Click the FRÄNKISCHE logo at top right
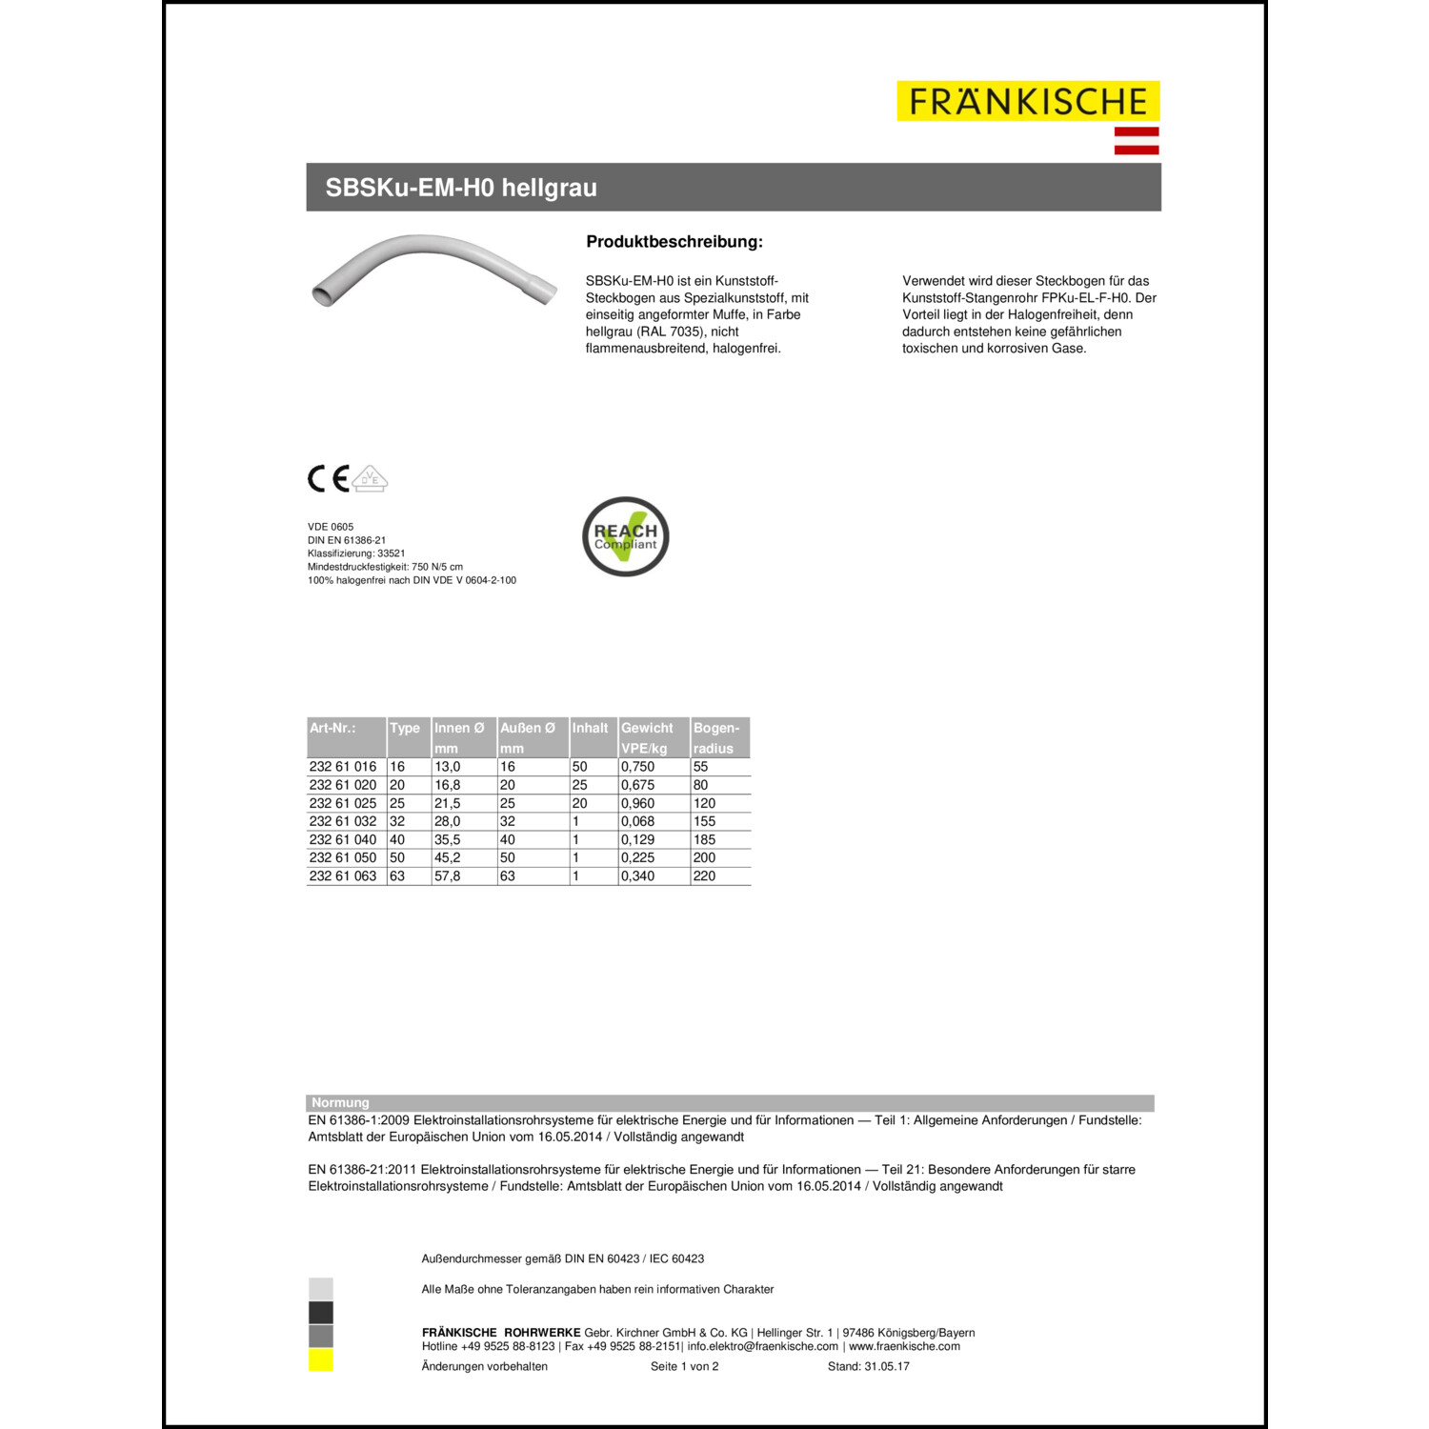tap(1028, 101)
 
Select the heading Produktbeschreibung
tap(674, 242)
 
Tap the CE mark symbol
tap(328, 478)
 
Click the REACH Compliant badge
tap(626, 536)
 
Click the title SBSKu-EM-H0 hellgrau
tap(461, 188)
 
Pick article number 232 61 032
tap(343, 821)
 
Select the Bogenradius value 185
tap(704, 839)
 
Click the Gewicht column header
tap(647, 728)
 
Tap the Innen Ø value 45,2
tap(447, 857)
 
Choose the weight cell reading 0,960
tap(637, 803)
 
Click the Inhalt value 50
tap(579, 766)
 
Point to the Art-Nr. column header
tap(332, 728)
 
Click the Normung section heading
tap(340, 1102)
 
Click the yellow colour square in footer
tap(321, 1359)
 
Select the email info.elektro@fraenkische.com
tap(762, 1346)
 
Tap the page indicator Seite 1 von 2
tap(684, 1366)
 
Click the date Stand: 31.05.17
tap(868, 1366)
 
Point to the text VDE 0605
tap(331, 527)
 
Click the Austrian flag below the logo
tap(1137, 140)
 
